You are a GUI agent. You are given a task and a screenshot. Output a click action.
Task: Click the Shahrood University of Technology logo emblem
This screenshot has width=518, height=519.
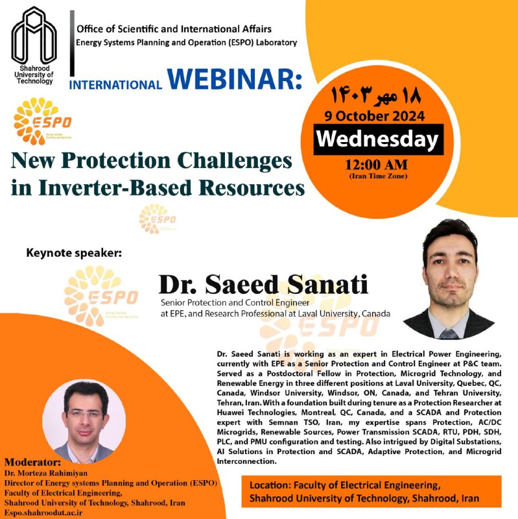34,36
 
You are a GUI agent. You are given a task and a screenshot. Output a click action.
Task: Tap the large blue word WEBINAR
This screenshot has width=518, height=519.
235,79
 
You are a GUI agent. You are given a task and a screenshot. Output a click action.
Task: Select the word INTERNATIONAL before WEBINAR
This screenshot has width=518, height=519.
115,85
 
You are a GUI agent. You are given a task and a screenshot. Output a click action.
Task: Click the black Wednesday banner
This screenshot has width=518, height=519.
378,139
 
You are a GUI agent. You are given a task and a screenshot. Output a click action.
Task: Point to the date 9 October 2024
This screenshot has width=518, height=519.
375,116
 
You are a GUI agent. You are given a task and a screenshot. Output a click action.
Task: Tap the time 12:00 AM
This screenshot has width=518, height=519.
377,165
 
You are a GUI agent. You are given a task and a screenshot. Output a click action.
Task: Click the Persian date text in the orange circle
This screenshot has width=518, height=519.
376,95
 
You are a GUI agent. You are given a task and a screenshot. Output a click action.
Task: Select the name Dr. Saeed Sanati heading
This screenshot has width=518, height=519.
263,284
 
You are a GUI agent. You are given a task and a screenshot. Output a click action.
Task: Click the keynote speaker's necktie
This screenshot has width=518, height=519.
449,333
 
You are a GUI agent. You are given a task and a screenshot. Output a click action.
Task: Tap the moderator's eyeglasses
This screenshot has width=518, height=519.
85,414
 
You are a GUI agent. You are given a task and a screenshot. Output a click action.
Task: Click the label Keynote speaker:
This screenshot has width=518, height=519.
74,253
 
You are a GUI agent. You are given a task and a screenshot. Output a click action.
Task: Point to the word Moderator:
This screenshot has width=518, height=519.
33,462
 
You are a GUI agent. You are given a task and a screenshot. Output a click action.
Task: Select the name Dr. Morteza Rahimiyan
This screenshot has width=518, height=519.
46,473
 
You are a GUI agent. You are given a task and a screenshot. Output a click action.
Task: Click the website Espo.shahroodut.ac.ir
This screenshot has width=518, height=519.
43,513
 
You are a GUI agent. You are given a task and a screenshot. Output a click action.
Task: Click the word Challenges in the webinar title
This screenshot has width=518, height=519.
235,161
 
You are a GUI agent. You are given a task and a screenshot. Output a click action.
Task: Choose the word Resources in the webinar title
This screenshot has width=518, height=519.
252,187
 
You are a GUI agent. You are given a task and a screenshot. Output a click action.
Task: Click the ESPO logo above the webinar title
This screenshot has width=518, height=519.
42,121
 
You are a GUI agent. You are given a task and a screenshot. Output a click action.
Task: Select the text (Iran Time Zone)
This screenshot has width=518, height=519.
378,176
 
